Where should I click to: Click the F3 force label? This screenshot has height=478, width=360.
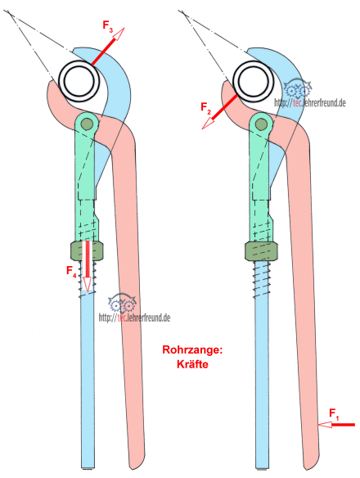pos(108,25)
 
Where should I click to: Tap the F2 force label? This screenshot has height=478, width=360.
pos(205,108)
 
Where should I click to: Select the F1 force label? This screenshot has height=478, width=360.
pos(334,414)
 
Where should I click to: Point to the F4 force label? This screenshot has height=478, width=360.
pos(71,271)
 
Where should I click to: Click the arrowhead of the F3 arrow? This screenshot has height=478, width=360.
pos(119,34)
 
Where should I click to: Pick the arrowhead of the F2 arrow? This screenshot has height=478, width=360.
pos(208,123)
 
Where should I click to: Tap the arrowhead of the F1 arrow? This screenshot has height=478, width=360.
pos(325,424)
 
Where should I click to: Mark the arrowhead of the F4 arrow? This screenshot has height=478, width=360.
pos(88,284)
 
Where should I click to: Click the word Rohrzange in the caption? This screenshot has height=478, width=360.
pos(192,349)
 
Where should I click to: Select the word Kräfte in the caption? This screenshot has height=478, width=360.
pos(192,364)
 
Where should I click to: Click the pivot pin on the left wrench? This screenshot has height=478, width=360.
pos(87,124)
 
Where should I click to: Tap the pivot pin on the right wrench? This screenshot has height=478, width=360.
pos(260,124)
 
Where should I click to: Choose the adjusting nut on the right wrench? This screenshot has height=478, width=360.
pos(261,251)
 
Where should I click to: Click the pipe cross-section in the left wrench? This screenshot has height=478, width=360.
pos(79,80)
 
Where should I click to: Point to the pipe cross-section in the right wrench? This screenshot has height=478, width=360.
pos(253,81)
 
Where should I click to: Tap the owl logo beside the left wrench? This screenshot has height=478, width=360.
pos(122,304)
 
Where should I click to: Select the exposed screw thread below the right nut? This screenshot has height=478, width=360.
pos(262,278)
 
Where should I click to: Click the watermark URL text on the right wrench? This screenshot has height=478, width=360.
pos(310,103)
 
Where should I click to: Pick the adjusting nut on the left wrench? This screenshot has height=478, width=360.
pos(87,251)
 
